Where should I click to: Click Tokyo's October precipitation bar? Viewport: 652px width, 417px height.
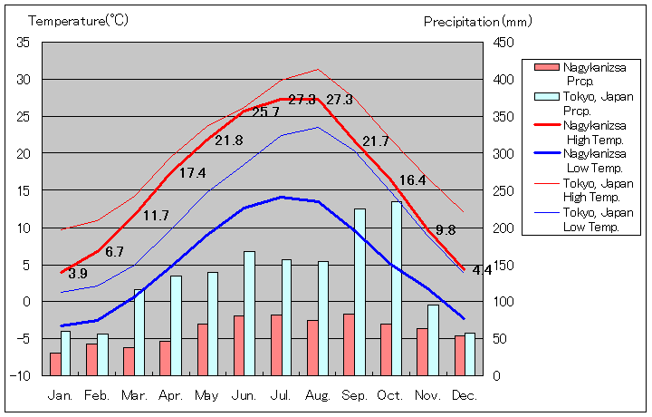397,288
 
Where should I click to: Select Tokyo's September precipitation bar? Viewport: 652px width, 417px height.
360,292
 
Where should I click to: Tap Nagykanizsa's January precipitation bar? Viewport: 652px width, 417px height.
55,364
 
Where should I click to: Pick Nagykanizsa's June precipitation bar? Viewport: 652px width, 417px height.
239,345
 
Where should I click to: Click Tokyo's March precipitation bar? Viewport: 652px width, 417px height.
139,332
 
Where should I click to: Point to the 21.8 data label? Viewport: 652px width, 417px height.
228,141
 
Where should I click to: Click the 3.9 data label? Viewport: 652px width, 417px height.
78,273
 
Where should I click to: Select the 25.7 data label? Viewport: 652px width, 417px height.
265,112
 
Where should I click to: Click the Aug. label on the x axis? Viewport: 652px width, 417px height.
318,396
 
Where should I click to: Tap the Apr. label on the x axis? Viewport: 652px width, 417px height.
170,396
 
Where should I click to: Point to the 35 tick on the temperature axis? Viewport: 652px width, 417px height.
24,43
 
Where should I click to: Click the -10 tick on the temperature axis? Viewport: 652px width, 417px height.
21,375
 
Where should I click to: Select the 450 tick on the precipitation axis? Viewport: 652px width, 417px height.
504,43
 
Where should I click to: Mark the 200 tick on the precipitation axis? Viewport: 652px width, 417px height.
504,228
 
